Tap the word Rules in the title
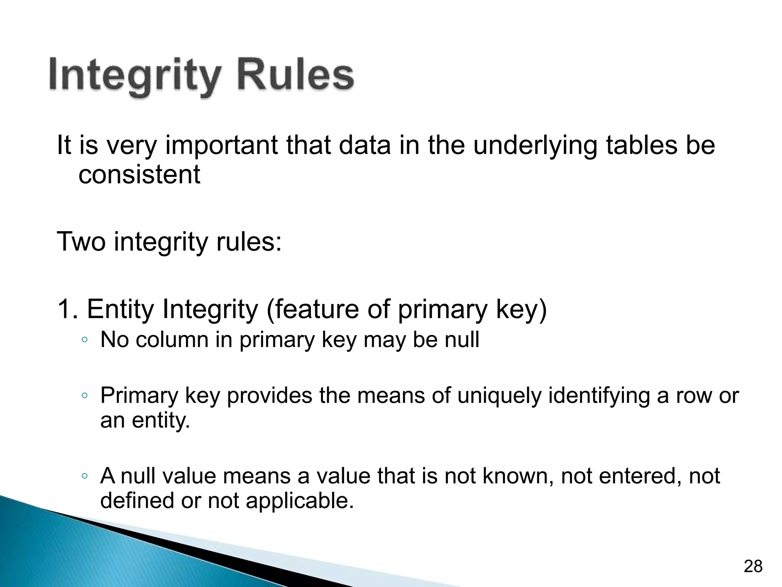pos(295,74)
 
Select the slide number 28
pos(753,566)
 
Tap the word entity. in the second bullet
pos(161,420)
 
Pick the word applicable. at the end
pos(300,501)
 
